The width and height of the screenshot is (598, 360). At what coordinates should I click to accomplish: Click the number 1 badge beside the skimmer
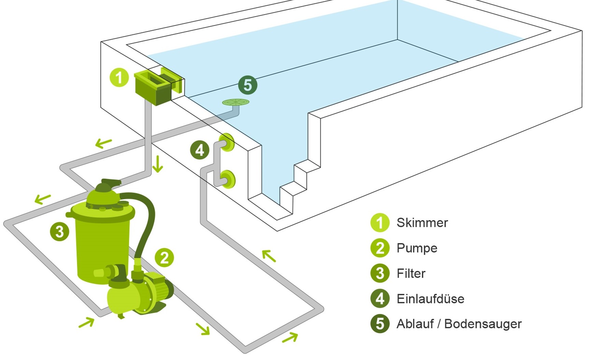tap(119, 78)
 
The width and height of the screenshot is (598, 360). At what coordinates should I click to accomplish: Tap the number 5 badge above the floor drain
tap(248, 85)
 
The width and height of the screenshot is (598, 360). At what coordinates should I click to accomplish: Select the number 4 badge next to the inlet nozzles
tap(200, 150)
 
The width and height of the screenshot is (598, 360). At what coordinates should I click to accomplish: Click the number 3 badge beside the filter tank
tap(60, 232)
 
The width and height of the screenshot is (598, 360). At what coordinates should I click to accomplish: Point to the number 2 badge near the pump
tap(164, 258)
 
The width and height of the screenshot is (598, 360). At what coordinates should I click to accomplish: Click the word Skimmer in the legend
tap(422, 223)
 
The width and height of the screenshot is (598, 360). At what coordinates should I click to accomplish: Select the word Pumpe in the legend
tap(417, 248)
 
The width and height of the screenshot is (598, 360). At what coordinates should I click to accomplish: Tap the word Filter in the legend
tap(411, 273)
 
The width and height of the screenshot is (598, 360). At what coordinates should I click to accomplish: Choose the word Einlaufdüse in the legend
tap(430, 299)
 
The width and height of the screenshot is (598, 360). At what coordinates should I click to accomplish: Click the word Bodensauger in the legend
tap(483, 324)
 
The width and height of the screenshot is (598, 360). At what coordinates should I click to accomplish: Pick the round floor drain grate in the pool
tap(236, 102)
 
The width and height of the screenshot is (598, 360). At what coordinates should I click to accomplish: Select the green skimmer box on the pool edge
tap(152, 88)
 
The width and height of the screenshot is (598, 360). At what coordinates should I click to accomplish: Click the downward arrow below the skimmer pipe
tap(158, 164)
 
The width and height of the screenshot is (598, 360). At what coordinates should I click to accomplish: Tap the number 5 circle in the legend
tap(380, 324)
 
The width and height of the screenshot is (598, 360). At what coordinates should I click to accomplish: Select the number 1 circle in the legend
tap(380, 223)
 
